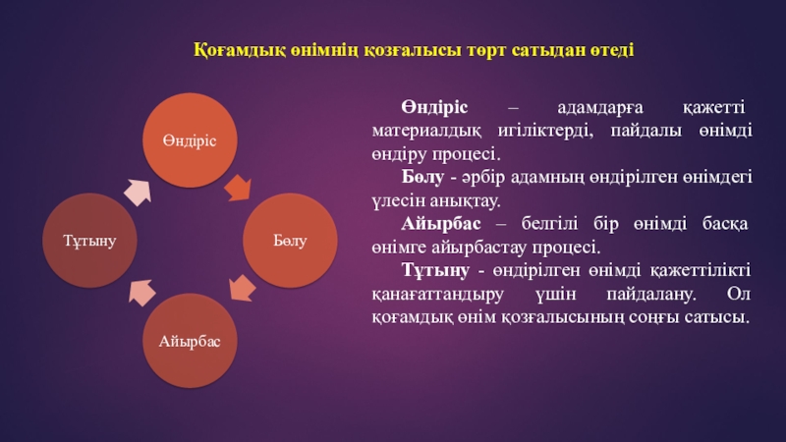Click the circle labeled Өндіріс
190,140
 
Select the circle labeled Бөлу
290,241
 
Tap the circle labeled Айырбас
190,341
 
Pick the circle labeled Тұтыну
89,241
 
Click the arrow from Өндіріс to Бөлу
238,188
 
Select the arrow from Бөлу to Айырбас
242,288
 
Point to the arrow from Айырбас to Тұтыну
141,293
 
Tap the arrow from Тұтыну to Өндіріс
138,193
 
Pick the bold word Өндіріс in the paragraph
434,107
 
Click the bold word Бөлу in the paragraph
422,177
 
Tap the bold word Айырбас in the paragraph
441,224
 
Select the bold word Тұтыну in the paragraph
435,271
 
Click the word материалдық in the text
426,132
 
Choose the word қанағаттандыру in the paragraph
437,295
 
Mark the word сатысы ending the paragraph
717,317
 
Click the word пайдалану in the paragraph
651,295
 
